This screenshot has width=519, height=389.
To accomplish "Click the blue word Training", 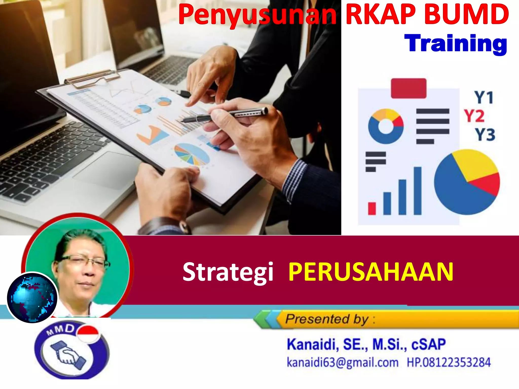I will tap(455, 44).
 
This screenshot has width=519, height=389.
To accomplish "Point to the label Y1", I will tap(484, 97).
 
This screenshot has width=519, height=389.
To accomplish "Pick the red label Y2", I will tap(474, 116).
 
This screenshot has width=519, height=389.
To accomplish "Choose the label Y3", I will tap(485, 134).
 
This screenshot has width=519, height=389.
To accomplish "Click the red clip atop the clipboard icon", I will tap(409, 88).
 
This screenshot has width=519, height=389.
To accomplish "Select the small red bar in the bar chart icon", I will tap(372, 208).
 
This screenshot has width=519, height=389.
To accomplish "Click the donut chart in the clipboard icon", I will tap(385, 126).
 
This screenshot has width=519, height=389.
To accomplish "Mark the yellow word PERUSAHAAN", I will tap(371, 272).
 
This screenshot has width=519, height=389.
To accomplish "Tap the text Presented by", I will tap(327, 319).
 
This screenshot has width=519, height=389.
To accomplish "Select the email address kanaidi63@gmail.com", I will tap(342, 362).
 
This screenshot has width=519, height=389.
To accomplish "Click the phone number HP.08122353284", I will tap(449, 362).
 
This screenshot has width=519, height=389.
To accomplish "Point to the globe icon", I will tap(32, 298).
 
